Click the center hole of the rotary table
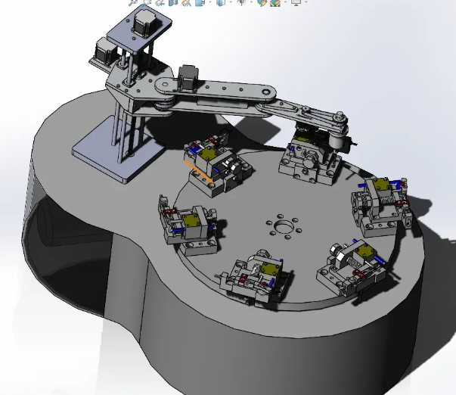[283, 225]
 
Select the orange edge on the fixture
[197, 170]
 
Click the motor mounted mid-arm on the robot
[188, 76]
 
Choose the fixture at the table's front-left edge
[256, 278]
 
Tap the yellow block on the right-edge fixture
[380, 186]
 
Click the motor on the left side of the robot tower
[102, 54]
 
